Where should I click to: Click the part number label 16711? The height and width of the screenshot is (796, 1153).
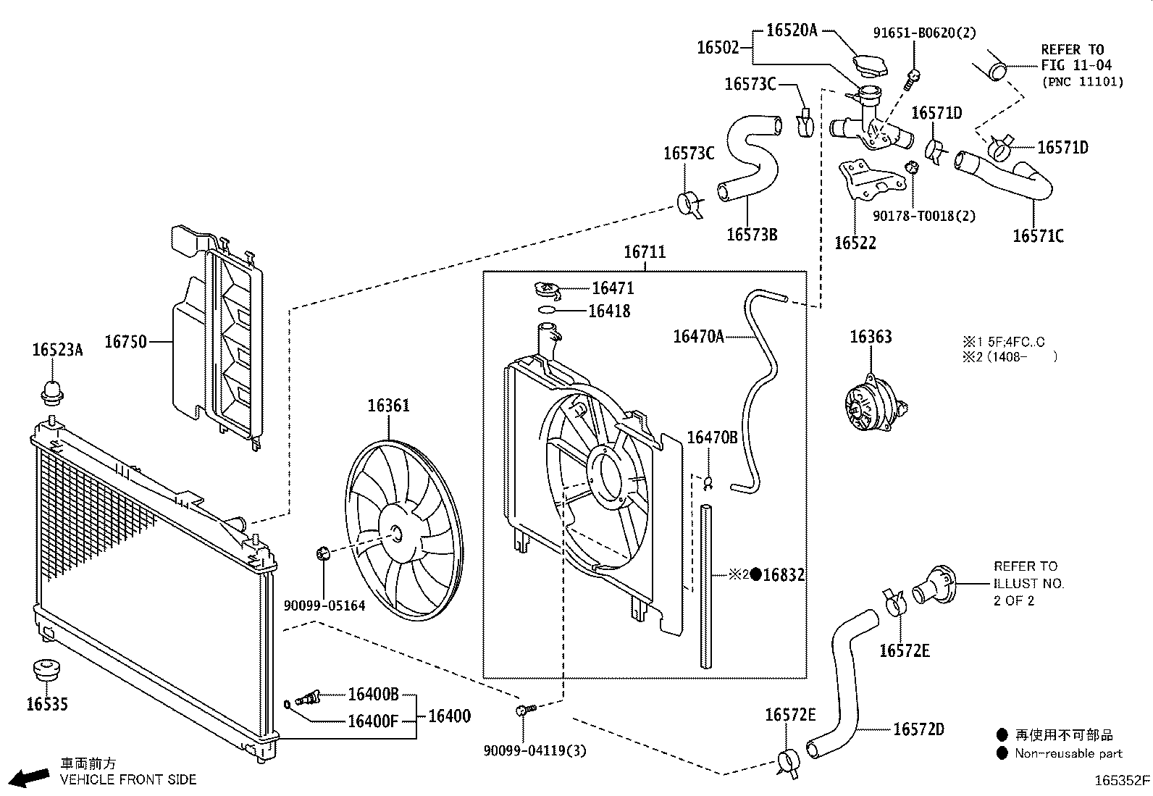point(644,252)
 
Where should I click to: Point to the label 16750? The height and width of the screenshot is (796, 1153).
point(125,341)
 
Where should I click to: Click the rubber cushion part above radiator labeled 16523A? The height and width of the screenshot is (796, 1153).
point(51,392)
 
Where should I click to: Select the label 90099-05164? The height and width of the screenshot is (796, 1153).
point(324,606)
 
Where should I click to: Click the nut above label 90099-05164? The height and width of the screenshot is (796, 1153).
point(323,555)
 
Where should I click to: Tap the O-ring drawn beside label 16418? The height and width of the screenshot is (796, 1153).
point(548,311)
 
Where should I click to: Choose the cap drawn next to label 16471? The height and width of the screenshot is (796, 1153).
point(548,290)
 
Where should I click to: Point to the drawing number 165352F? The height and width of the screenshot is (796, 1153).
point(1121,780)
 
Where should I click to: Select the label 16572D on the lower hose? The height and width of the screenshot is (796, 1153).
point(918,729)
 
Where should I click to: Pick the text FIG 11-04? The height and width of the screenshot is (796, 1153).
point(1073,65)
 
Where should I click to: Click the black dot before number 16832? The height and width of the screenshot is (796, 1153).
point(756,574)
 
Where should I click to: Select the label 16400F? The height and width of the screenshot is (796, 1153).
point(372,721)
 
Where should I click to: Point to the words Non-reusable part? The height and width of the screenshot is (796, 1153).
point(1068,753)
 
